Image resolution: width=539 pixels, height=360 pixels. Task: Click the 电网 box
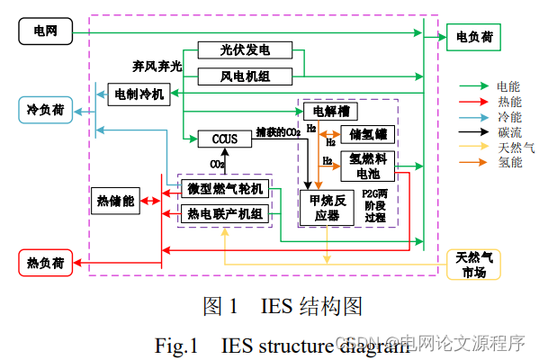point(44,32)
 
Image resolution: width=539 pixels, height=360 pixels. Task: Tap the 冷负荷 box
point(46,110)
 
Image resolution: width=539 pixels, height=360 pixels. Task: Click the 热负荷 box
point(46,263)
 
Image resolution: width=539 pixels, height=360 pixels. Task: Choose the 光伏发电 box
point(244,49)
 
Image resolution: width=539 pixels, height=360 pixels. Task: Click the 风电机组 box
point(244,76)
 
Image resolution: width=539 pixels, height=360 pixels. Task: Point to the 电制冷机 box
point(138,93)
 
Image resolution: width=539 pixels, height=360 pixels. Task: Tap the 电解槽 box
point(331,112)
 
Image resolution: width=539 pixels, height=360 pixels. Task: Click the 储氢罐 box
point(368,135)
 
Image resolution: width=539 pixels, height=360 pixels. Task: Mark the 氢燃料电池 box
point(368,166)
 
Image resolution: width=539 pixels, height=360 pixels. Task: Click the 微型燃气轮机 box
point(225,188)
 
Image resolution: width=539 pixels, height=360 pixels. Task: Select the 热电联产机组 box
point(225,213)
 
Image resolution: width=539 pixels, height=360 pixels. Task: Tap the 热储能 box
point(115,202)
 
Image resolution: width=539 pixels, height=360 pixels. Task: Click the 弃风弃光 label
point(157,67)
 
